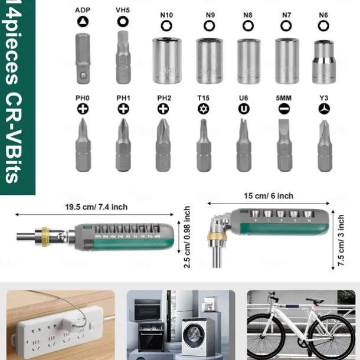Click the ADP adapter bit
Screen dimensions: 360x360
click(82, 60)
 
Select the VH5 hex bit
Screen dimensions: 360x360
click(123, 60)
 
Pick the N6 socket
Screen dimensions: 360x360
click(323, 62)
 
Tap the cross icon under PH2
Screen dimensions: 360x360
click(163, 109)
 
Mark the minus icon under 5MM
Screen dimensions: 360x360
click(283, 109)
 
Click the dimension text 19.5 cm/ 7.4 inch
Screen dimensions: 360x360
click(96, 207)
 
